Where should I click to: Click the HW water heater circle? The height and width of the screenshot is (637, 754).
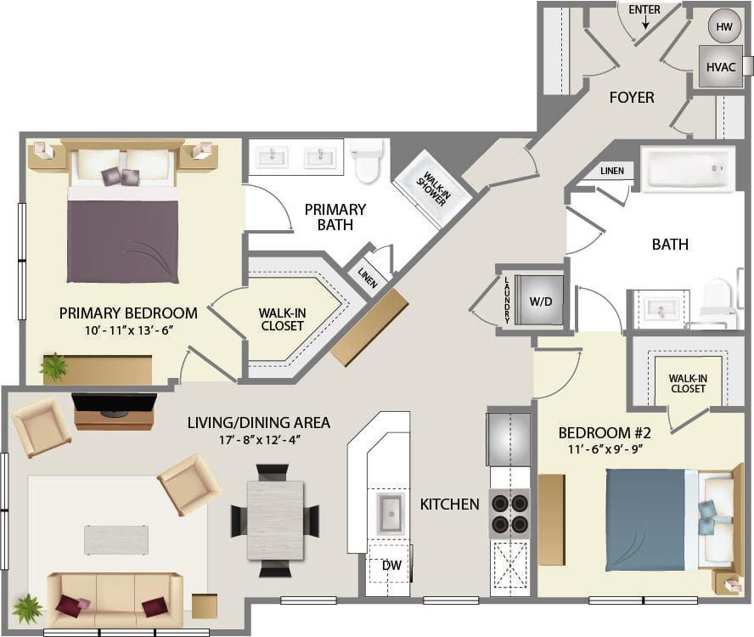pyautogui.click(x=723, y=26)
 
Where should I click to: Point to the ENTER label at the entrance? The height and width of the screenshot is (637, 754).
pyautogui.click(x=644, y=10)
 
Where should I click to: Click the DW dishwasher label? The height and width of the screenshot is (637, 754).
pyautogui.click(x=391, y=564)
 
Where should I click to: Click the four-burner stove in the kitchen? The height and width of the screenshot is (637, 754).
pyautogui.click(x=509, y=513)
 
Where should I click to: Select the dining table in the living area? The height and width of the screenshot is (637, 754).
pyautogui.click(x=275, y=520)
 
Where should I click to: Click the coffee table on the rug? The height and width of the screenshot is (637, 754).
pyautogui.click(x=116, y=539)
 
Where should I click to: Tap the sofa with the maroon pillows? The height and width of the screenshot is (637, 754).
pyautogui.click(x=115, y=598)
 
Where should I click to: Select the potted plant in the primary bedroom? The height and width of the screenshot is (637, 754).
pyautogui.click(x=54, y=367)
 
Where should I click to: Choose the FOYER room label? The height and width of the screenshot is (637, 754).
pyautogui.click(x=632, y=98)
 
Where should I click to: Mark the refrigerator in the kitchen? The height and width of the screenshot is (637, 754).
pyautogui.click(x=509, y=438)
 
